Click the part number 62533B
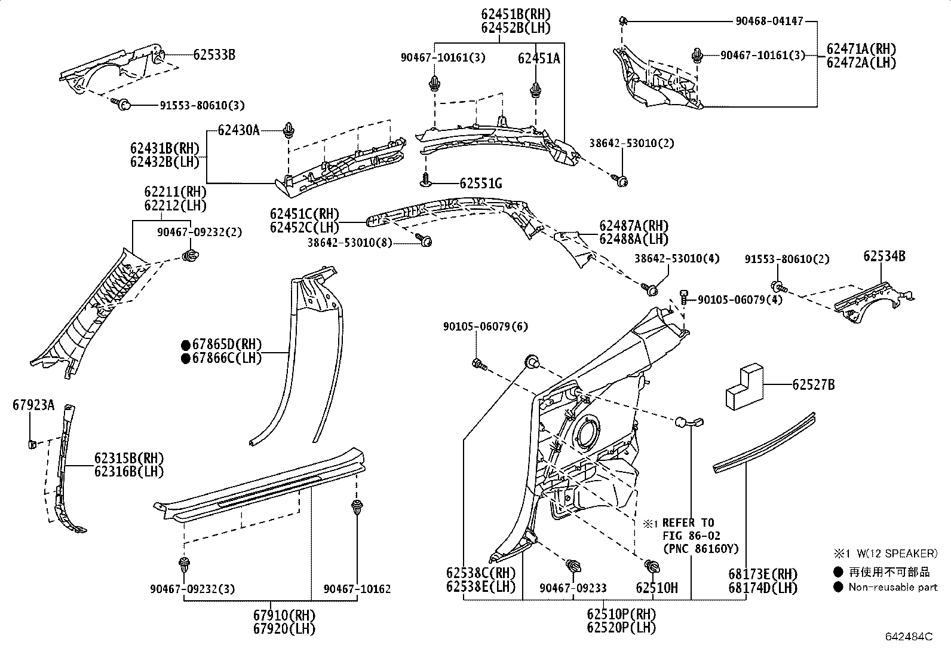(x=214, y=55)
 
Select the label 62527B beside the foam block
(x=813, y=385)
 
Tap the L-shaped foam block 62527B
(x=743, y=390)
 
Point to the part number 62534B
(x=883, y=256)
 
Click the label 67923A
(x=33, y=405)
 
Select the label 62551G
(x=480, y=183)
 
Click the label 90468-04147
(x=769, y=22)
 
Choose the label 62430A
(x=238, y=130)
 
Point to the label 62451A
(x=539, y=58)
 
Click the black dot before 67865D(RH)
(x=186, y=345)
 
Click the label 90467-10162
(x=357, y=589)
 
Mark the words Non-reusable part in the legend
(x=892, y=587)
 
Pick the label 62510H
(x=657, y=588)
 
